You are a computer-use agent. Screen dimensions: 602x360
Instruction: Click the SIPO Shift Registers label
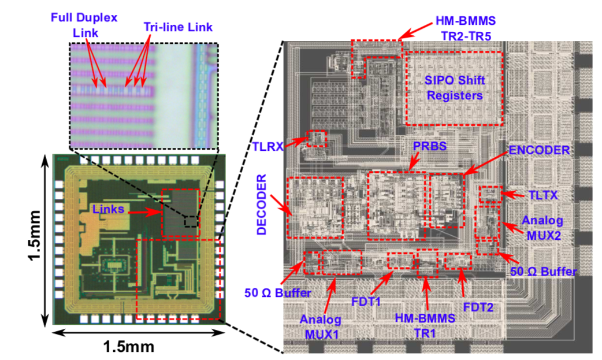(455, 88)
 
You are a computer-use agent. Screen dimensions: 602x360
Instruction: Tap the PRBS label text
(430, 146)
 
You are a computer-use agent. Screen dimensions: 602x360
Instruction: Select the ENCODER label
(539, 150)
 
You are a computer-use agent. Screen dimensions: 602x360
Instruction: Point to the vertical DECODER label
(262, 204)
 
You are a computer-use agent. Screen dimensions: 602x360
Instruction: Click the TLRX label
(267, 146)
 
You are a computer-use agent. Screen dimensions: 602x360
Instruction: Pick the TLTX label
(543, 195)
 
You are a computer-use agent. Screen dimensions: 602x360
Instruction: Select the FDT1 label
(366, 302)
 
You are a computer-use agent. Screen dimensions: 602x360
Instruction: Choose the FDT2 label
(478, 307)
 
